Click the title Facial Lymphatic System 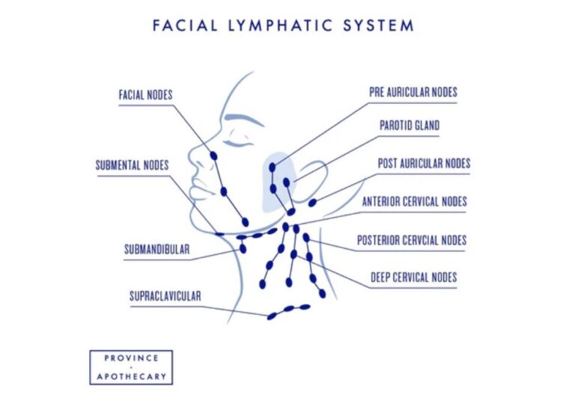pos(283,25)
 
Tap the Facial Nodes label pos(145,95)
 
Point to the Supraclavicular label pos(165,296)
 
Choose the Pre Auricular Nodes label pos(413,93)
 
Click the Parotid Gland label pos(409,126)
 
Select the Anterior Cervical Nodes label pos(414,201)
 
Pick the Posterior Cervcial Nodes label pos(412,240)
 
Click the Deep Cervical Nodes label pos(413,278)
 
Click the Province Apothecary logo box pos(131,367)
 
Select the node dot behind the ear pos(312,202)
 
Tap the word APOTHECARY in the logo pos(131,376)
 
